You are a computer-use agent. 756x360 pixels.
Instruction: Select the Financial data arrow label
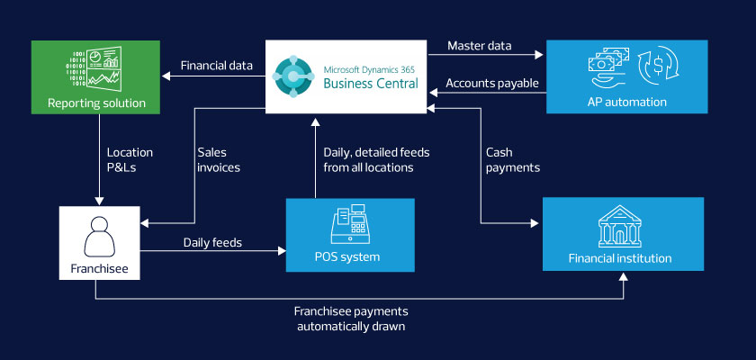point(217,66)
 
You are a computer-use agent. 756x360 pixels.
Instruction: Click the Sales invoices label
point(220,160)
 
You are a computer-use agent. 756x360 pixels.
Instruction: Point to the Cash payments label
point(512,160)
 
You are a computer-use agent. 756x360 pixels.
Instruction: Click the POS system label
point(350,257)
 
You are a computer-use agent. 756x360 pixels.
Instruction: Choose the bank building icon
point(625,227)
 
